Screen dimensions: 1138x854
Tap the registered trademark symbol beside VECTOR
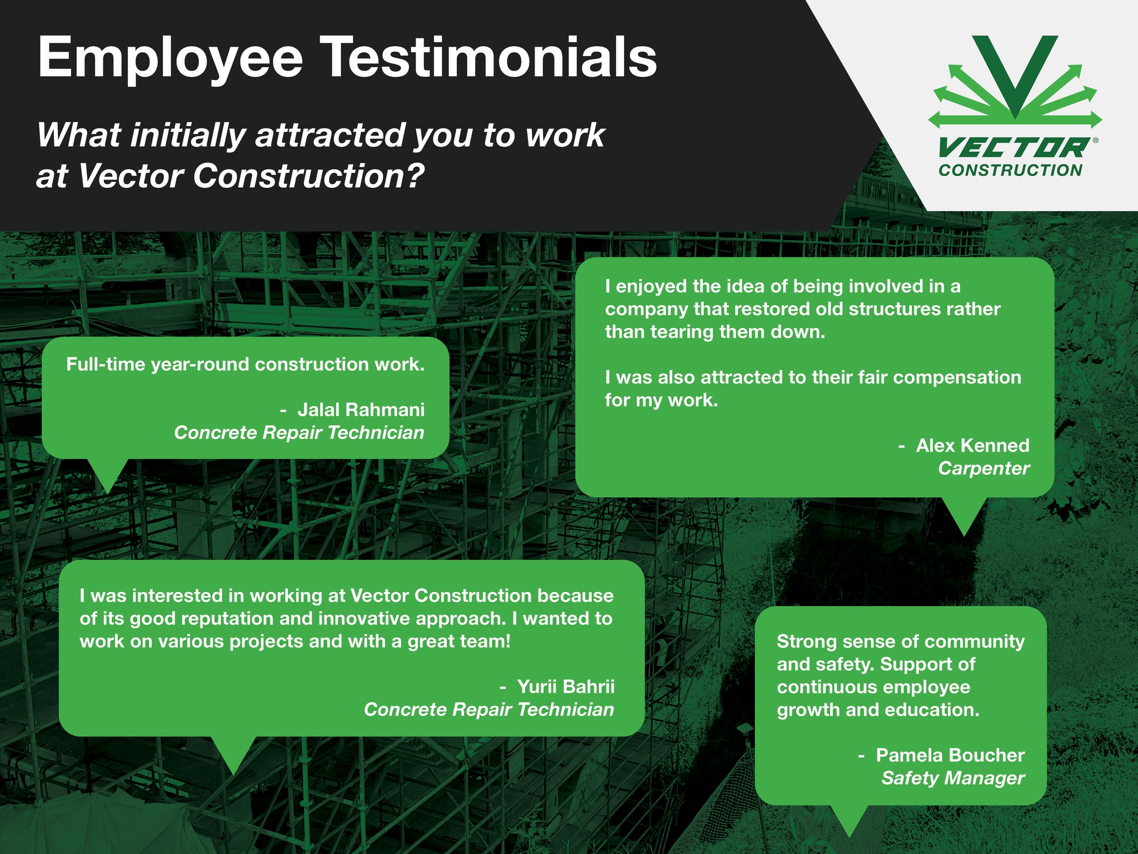[x=1095, y=141]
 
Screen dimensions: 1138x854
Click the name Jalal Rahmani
[x=361, y=410]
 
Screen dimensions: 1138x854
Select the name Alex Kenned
[x=973, y=445]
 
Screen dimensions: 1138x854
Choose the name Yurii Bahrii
[x=566, y=687]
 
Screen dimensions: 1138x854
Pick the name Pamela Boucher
[x=951, y=755]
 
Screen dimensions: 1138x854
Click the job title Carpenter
[x=984, y=468]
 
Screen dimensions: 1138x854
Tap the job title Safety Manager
[x=953, y=778]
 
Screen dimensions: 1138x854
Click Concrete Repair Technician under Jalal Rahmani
[x=299, y=433]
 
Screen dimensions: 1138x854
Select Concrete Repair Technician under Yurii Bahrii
[x=489, y=709]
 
